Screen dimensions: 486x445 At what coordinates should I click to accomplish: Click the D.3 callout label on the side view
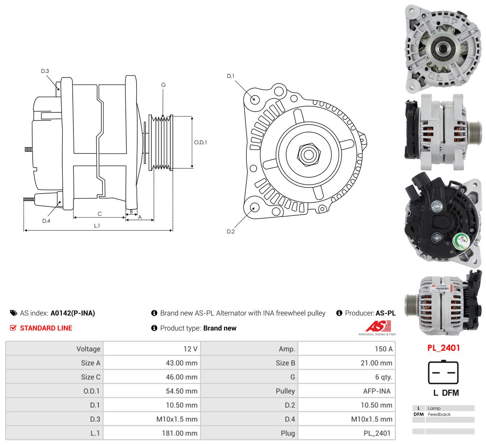45,71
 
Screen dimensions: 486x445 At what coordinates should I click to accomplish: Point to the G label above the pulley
163,85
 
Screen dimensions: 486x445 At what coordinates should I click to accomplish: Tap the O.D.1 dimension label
200,142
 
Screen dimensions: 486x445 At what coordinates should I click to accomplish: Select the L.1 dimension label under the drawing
97,226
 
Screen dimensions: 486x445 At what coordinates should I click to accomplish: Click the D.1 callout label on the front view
231,76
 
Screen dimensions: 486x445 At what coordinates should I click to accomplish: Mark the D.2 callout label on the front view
231,231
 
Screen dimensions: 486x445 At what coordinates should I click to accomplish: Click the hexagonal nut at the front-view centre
309,155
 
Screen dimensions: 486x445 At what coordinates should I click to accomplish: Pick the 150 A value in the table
384,349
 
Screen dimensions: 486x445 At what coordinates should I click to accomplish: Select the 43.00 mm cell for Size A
181,363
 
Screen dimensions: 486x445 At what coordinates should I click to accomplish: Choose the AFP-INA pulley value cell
377,391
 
